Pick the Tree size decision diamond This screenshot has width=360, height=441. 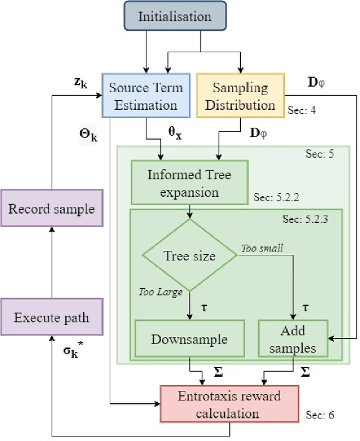190,256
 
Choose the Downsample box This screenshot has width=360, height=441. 189,339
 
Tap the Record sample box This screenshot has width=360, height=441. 51,209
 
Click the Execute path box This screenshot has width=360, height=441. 51,317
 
